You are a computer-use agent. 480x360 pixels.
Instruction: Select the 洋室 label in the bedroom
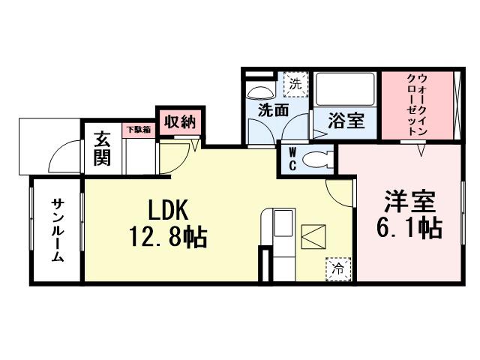(x=409, y=201)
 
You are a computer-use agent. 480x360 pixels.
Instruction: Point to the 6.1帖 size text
(x=409, y=226)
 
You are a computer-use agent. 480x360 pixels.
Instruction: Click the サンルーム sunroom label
(x=57, y=229)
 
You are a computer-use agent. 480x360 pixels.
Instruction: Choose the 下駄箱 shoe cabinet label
(x=137, y=129)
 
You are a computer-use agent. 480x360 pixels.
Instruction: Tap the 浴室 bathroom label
(x=346, y=119)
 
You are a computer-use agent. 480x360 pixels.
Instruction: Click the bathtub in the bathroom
(x=345, y=91)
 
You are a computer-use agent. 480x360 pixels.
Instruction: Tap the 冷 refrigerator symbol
(x=338, y=267)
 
